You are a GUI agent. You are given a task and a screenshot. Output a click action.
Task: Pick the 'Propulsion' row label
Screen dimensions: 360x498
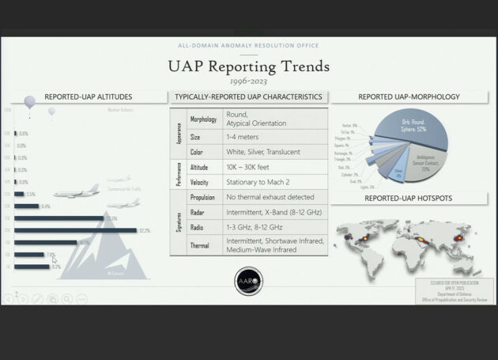tap(203, 196)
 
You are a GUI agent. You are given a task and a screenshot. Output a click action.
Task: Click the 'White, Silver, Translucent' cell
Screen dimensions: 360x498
tap(266, 150)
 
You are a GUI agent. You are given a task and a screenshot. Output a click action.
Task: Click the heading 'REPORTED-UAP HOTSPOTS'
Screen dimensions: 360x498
tap(408, 197)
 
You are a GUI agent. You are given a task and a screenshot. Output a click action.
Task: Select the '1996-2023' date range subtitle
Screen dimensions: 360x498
tap(248, 81)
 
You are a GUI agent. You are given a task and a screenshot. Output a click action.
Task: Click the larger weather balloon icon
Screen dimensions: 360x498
tap(29, 102)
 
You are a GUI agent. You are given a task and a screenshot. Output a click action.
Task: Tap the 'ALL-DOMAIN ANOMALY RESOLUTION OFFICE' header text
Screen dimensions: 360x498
tap(248, 47)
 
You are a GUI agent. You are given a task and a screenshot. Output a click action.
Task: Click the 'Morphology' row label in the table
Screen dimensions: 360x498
tap(205, 119)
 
